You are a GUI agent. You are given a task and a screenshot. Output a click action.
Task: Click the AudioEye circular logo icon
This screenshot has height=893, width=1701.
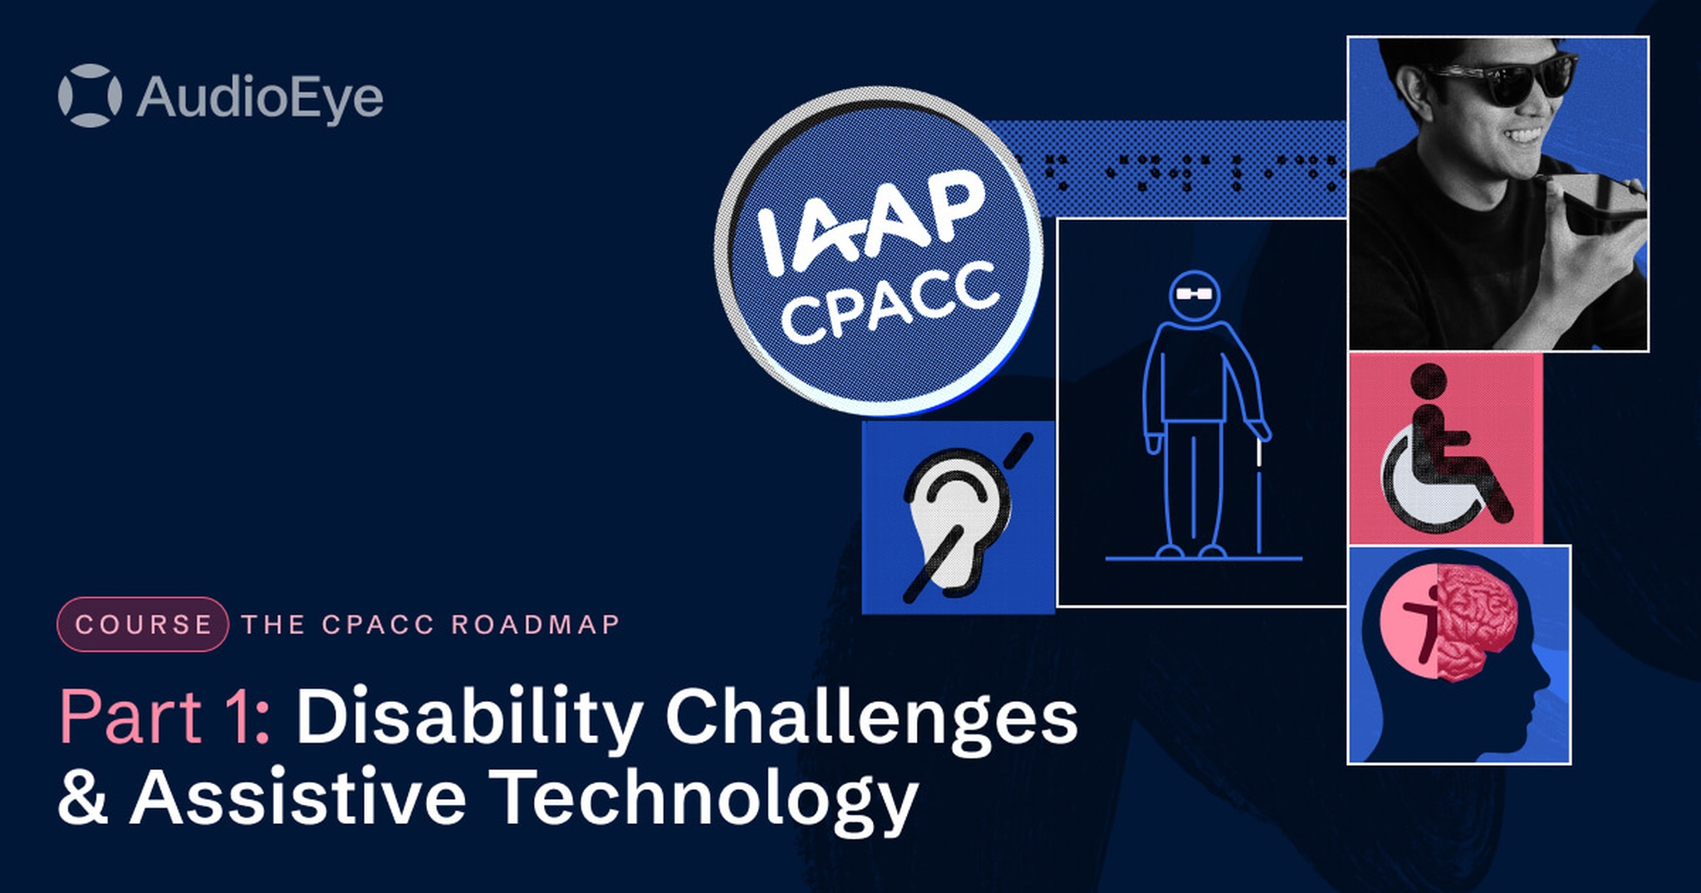[90, 96]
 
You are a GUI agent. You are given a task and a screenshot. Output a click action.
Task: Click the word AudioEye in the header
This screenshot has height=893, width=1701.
[260, 97]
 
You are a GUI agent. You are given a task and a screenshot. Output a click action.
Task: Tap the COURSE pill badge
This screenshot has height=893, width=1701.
[143, 624]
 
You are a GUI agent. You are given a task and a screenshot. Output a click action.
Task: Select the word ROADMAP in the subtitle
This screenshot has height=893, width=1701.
[536, 624]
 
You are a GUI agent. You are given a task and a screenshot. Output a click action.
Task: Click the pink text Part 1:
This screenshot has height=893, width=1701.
[164, 716]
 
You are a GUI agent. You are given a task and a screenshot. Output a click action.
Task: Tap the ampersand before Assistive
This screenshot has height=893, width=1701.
[83, 796]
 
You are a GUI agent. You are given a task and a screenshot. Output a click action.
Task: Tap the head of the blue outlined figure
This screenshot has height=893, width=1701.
[1194, 294]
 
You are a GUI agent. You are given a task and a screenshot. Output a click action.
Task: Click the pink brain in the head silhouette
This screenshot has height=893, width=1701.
[1478, 622]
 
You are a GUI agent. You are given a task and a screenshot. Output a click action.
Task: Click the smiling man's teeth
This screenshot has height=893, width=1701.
[1526, 134]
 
